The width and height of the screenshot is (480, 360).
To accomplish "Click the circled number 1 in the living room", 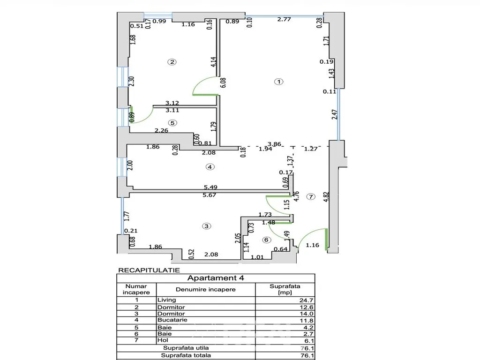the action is click(278, 82).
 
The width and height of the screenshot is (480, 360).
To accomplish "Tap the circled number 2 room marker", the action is click(172, 62).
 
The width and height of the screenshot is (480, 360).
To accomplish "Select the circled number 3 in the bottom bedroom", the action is click(207, 226).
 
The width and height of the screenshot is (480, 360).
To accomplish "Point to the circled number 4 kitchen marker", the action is click(210, 167).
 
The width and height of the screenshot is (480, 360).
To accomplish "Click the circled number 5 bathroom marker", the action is click(172, 123).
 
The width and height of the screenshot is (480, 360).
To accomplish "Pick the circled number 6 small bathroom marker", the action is click(266, 240).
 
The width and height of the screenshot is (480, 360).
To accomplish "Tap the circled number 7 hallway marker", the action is click(311, 196).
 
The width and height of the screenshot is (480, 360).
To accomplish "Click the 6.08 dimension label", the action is click(223, 82).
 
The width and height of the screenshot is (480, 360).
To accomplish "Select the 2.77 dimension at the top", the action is click(284, 19).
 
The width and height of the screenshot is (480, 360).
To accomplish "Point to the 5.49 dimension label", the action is click(210, 187).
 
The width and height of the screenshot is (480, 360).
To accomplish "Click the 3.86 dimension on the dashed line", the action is click(274, 144).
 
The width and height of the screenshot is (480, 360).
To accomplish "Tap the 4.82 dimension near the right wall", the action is click(326, 196).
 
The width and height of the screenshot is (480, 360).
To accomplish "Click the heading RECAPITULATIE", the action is click(149, 270).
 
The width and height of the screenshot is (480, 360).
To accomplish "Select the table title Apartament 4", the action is click(216, 278).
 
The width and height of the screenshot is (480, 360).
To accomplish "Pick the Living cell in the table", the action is click(166, 300).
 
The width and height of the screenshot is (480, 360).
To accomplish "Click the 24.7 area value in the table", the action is click(307, 300).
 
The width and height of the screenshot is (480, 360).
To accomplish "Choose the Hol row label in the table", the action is click(163, 340).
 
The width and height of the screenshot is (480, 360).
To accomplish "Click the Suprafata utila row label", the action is click(186, 348).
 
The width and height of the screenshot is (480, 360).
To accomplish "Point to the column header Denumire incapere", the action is click(206, 289).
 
